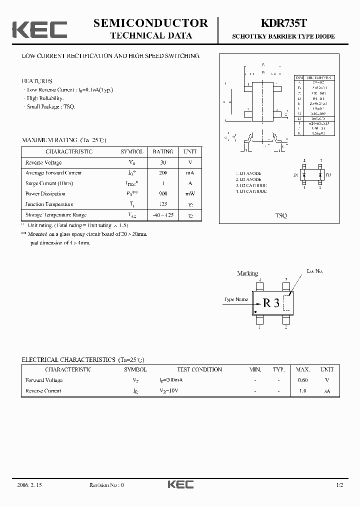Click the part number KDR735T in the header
(x=282, y=23)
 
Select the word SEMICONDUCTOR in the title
(x=150, y=23)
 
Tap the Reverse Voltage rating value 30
(x=163, y=162)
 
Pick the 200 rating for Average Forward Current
(x=163, y=173)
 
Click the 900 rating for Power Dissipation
(x=163, y=193)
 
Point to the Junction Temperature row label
(x=49, y=204)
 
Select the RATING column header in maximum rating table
(x=163, y=151)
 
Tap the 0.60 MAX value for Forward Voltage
(x=302, y=380)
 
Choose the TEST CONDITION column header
(x=199, y=369)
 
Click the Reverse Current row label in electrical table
(x=43, y=390)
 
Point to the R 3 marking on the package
(x=271, y=302)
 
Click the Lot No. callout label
(x=315, y=271)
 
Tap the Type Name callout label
(x=235, y=299)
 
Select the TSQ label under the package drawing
(x=281, y=215)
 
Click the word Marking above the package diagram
(x=247, y=273)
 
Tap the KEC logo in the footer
(x=180, y=484)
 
